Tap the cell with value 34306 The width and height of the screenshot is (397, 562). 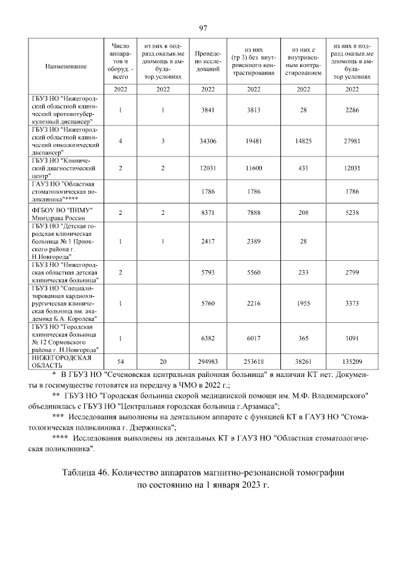point(207,141)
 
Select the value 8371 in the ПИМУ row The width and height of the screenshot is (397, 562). point(207,212)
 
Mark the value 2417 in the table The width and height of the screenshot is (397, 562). point(207,240)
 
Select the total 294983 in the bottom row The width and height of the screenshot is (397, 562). point(207,362)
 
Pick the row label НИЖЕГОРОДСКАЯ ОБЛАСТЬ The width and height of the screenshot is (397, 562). point(62,361)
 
